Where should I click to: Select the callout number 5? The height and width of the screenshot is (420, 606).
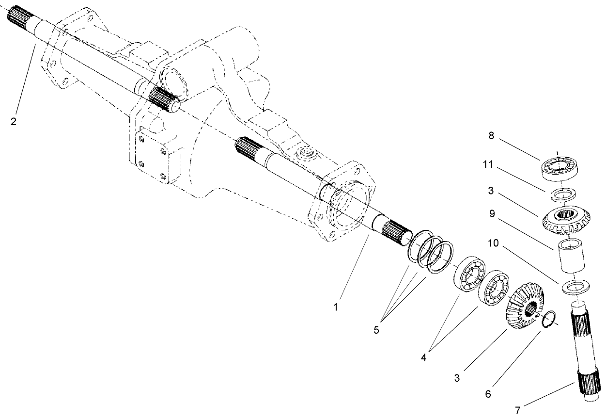(376, 330)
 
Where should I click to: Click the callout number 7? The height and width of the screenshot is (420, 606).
(517, 410)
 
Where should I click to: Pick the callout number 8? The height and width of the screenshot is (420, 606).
(491, 137)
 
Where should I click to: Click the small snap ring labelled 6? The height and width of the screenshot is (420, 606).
(547, 321)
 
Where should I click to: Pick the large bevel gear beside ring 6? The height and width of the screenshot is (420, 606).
(526, 307)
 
